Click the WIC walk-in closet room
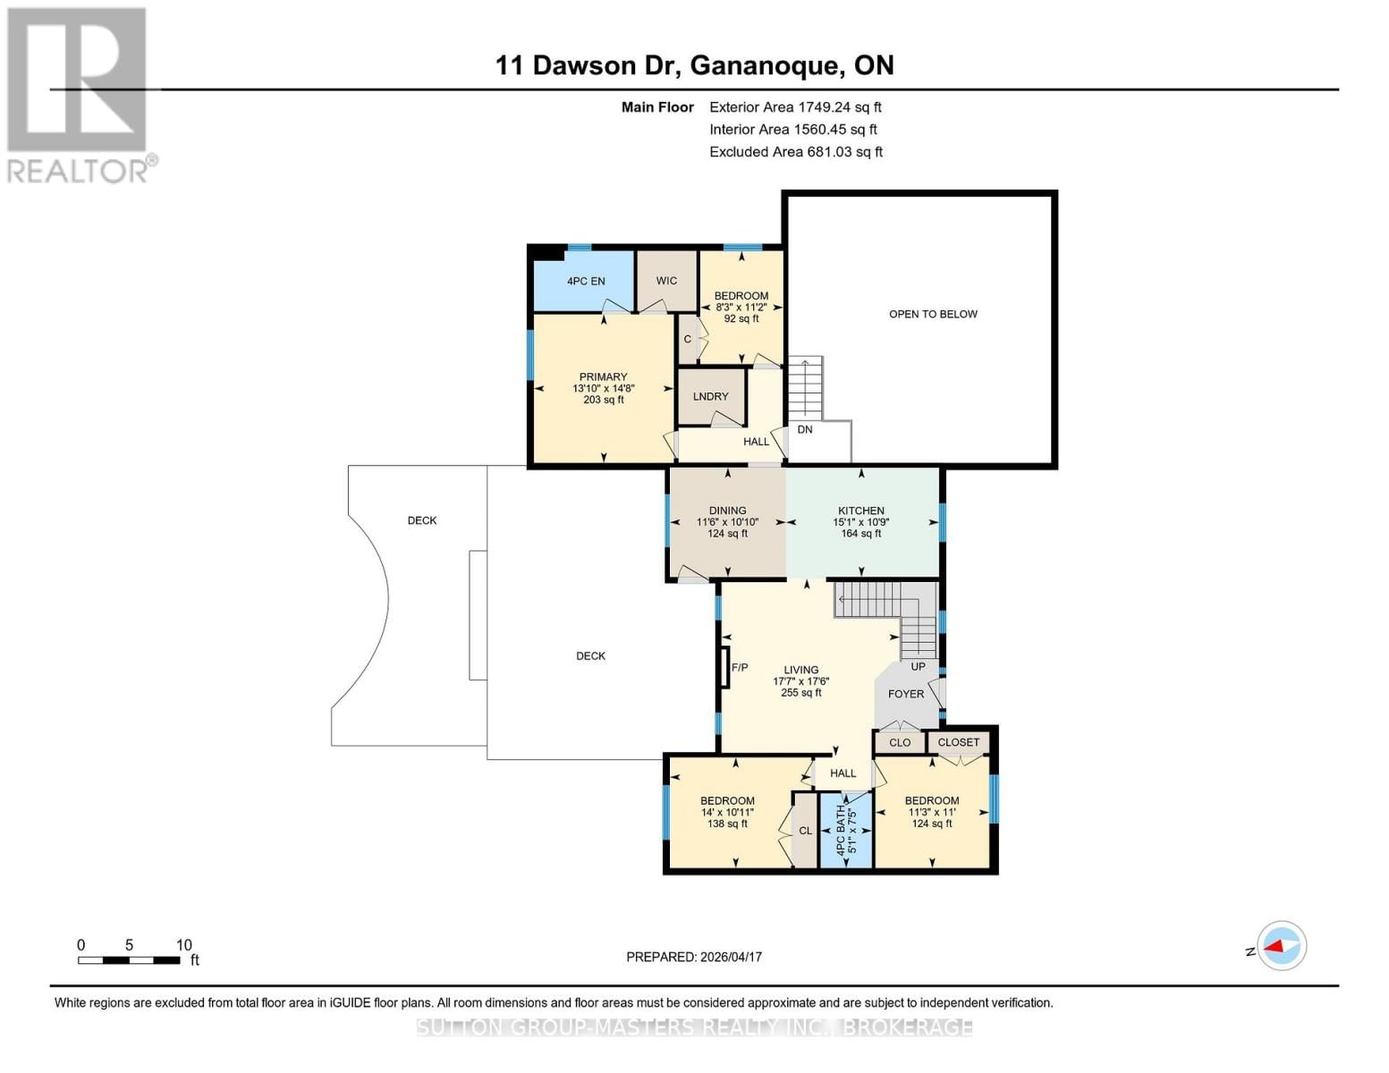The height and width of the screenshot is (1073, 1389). click(x=666, y=281)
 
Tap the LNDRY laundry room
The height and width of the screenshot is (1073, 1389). click(x=711, y=396)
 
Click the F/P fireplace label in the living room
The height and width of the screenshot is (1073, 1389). click(x=740, y=667)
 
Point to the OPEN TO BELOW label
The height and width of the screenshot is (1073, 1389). click(x=933, y=314)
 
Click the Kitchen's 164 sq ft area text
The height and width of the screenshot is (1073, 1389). click(x=860, y=534)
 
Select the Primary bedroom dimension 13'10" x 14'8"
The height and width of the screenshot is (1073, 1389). click(x=604, y=388)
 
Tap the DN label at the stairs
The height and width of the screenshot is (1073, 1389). click(x=805, y=429)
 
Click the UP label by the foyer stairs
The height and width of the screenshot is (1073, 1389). click(x=918, y=666)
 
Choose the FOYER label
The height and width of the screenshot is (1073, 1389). click(x=906, y=694)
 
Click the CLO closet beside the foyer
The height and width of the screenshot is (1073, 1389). click(x=900, y=742)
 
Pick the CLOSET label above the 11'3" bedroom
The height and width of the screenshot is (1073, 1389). click(x=959, y=742)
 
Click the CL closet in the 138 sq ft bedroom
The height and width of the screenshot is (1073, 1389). click(x=805, y=831)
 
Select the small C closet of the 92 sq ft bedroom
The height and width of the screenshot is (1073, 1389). click(x=687, y=339)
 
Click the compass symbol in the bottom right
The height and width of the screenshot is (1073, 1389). click(x=1282, y=946)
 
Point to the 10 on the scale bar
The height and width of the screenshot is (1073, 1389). click(x=183, y=945)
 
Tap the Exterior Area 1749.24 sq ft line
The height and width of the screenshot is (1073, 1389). click(x=795, y=107)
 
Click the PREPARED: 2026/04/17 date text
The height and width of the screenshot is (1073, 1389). click(x=694, y=957)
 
